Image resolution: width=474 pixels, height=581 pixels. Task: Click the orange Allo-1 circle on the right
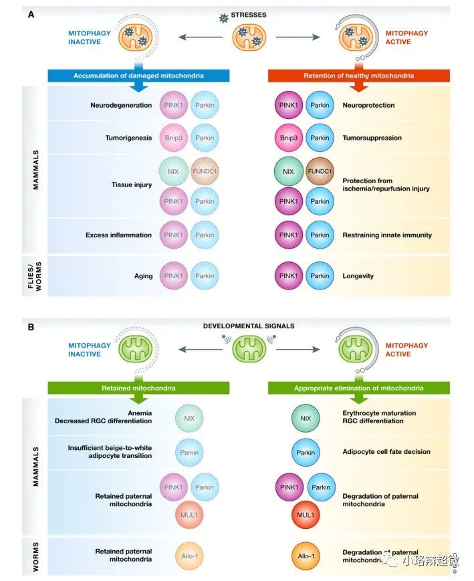coord(304,555)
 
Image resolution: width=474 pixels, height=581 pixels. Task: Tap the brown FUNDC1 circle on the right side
coord(320,171)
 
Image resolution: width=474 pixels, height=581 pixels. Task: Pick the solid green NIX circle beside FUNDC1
coord(288,171)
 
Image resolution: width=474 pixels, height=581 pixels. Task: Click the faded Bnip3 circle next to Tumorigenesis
coord(174,138)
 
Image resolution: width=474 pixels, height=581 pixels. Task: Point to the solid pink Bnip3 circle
coord(288,138)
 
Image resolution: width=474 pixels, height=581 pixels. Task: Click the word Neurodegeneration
coord(118,106)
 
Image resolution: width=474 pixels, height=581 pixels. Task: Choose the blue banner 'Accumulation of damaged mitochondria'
coord(138,76)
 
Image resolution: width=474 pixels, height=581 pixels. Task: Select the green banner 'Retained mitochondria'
coord(138,388)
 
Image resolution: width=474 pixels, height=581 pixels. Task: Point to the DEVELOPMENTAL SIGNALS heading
coord(248,326)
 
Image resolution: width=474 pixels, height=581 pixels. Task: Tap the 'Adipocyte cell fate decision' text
coord(386,452)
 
